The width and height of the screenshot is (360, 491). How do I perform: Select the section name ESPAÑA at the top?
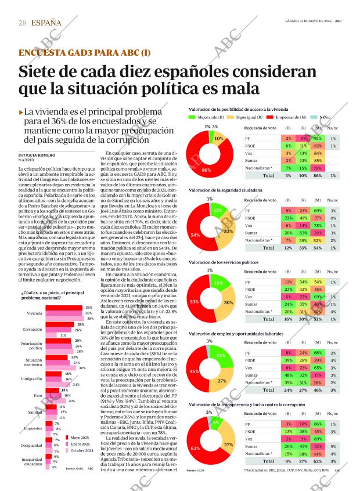pos(47,23)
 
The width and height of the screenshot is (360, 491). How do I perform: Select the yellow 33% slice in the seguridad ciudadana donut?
pos(228,230)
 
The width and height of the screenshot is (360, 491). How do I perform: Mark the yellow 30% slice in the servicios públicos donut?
pos(228,302)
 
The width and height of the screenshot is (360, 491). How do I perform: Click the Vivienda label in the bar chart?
pos(35,313)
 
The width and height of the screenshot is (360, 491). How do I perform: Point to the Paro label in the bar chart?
pos(37,395)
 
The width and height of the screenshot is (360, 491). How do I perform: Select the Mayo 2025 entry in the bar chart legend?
pos(80,437)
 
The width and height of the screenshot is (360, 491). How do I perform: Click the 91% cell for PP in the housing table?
pos(317,139)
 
